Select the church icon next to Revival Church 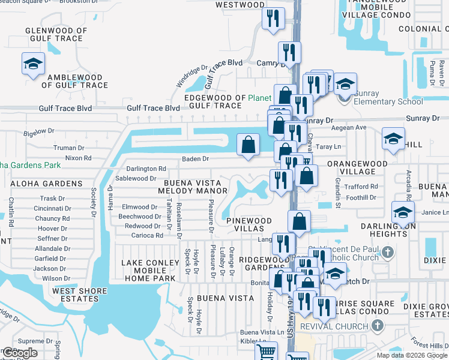click(376, 326)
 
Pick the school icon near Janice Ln click(402, 212)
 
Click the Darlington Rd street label click(146, 169)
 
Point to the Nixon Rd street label click(78, 158)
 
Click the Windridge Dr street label click(191, 80)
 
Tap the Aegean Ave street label click(352, 128)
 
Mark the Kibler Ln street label click(253, 341)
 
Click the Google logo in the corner click(20, 353)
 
